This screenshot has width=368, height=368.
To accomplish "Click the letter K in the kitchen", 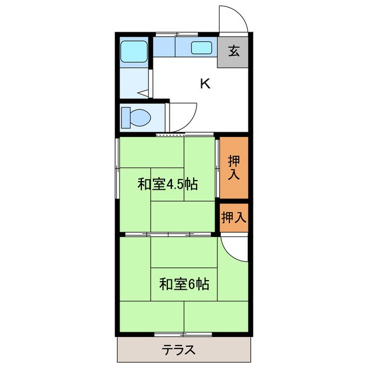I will click(205, 84).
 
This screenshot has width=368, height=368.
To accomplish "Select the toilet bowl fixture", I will click(136, 118).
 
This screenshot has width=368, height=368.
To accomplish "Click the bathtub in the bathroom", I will click(133, 52).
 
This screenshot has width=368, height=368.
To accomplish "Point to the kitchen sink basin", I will click(202, 47).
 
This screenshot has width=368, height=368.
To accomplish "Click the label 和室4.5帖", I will click(168, 185).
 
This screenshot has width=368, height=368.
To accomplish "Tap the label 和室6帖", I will click(184, 283).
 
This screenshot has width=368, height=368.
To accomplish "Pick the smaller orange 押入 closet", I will click(234, 217).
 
